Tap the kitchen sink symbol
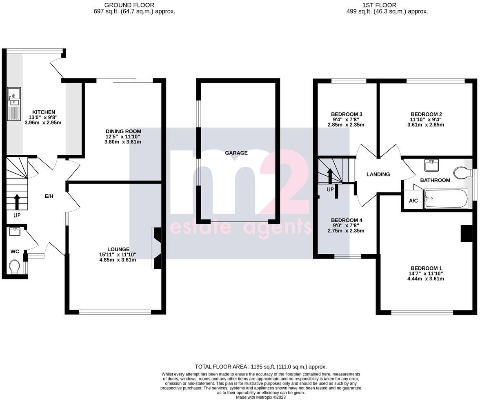(x=13, y=100)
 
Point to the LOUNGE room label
(x=118, y=249)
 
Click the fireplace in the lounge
(x=157, y=248)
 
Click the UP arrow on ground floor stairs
(x=17, y=201)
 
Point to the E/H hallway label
(x=49, y=197)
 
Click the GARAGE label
(x=236, y=153)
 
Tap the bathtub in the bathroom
(x=445, y=199)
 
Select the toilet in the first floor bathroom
(x=462, y=172)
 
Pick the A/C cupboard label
(x=413, y=201)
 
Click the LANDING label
(x=378, y=174)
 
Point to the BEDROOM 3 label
(x=347, y=114)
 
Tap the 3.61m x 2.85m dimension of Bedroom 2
(x=426, y=125)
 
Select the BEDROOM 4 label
(x=347, y=220)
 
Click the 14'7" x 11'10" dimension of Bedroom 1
(x=426, y=273)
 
